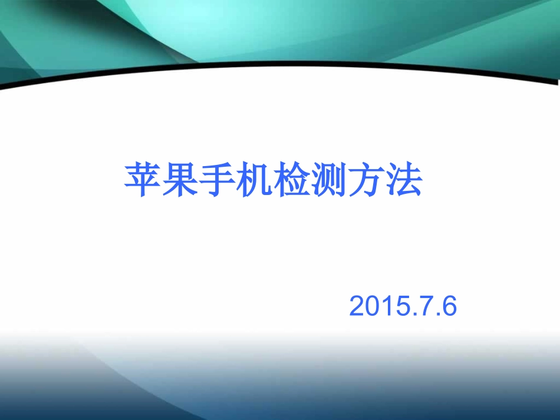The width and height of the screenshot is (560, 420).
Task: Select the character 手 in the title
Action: tap(217, 180)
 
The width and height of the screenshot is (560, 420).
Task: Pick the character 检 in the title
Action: tap(292, 180)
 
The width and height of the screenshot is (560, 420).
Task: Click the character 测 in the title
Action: tap(330, 180)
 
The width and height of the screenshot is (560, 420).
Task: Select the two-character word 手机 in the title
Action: tap(236, 180)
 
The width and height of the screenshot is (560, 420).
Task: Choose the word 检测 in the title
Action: tap(311, 180)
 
